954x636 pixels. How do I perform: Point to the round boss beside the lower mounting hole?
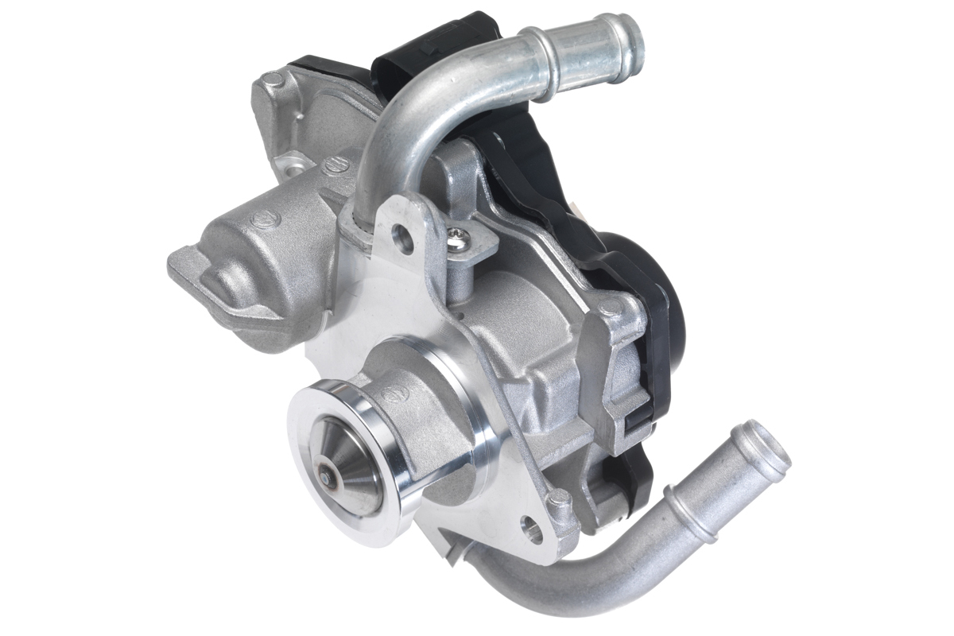click(558, 499)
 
